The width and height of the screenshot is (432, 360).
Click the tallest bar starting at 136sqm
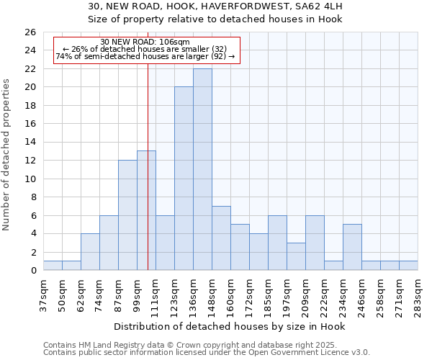point(202,169)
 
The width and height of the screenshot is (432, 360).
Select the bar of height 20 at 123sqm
point(184,179)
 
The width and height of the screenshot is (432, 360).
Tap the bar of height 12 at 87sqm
point(127,215)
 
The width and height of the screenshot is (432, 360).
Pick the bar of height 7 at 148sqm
point(221,238)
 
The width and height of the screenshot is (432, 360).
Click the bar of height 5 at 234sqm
point(352,247)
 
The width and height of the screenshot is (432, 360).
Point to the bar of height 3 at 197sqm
point(296,256)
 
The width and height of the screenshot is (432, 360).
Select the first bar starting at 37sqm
point(53,266)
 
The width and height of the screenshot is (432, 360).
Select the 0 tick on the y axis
point(32,271)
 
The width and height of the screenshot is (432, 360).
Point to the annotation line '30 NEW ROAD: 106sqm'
point(145,42)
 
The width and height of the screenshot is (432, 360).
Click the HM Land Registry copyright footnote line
point(195,345)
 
